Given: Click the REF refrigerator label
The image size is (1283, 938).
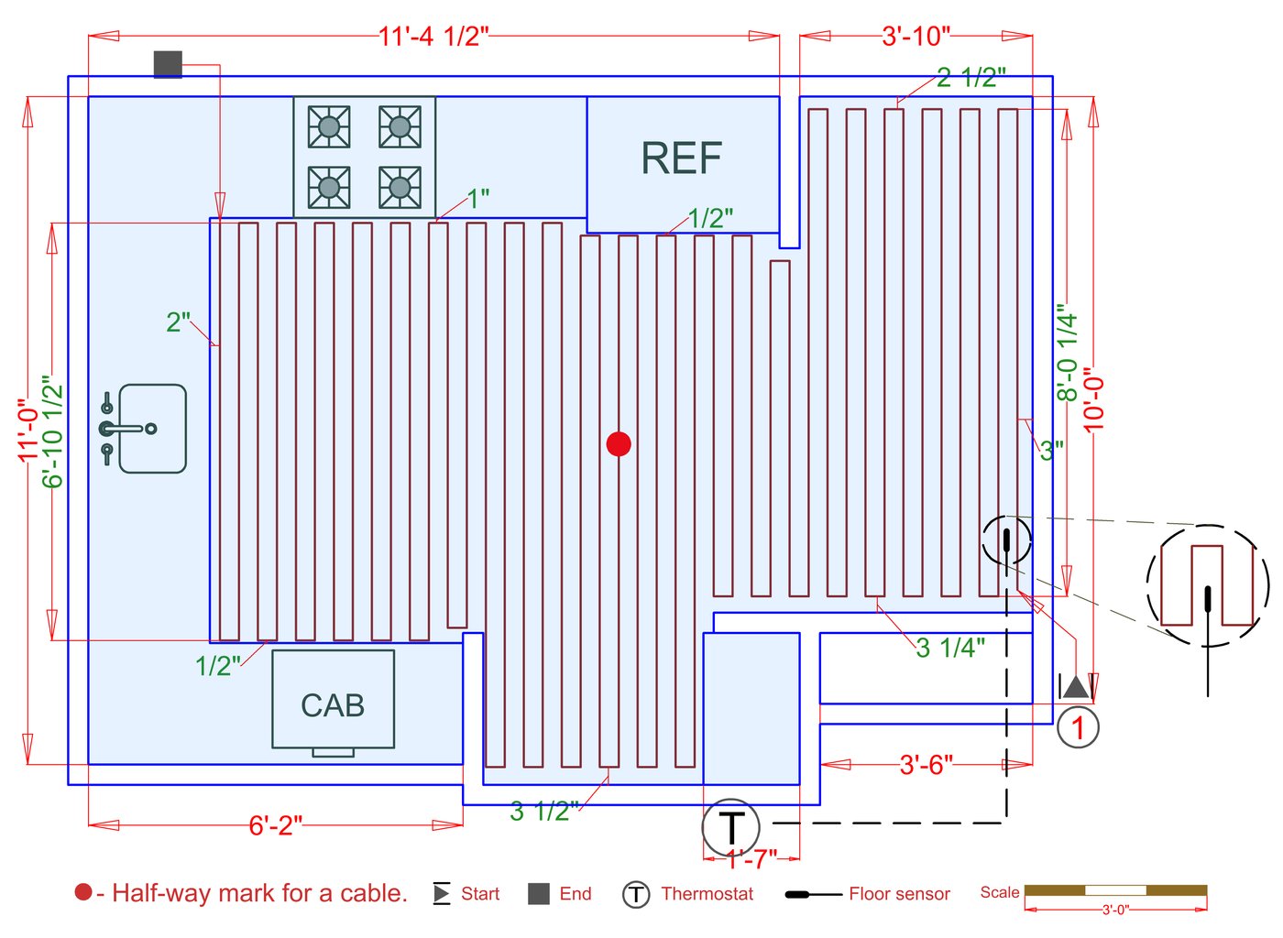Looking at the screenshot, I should [681, 158].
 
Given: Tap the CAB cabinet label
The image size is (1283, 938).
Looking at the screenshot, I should [333, 705].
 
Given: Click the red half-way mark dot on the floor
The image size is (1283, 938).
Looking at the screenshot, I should [619, 444].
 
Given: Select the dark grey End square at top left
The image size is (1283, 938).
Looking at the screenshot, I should [168, 63].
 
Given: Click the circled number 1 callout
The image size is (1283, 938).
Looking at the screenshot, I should [1078, 727].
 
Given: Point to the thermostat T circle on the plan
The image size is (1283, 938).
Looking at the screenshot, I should [731, 827].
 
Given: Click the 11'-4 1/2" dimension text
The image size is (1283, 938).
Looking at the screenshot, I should [433, 37].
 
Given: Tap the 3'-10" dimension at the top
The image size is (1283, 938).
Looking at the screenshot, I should [916, 37].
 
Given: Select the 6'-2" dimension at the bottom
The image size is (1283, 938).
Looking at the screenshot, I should [275, 825].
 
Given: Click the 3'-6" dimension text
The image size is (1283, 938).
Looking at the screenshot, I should [926, 764].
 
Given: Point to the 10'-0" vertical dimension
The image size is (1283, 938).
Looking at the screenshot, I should [1094, 399].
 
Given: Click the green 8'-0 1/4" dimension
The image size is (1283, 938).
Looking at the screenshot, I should [1067, 354].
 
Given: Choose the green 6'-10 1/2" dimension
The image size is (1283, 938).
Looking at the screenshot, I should [53, 431].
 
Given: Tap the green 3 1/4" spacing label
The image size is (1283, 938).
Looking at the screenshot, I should [950, 648].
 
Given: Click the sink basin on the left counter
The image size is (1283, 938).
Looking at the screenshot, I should [152, 429].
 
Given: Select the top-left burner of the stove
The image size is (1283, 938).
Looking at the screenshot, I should [329, 126].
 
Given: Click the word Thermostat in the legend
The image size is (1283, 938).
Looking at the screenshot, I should [707, 894].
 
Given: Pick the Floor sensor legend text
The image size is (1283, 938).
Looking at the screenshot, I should [898, 894].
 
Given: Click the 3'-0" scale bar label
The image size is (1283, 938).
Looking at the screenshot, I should [1115, 911].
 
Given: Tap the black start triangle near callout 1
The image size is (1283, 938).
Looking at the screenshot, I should [1076, 686].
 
